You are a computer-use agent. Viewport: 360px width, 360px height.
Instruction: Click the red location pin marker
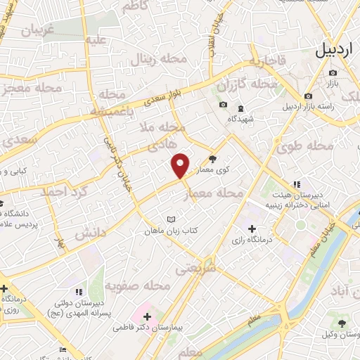click(181, 165)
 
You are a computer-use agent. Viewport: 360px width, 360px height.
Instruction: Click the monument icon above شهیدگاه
click(241, 108)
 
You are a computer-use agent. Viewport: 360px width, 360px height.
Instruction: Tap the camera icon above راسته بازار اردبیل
click(308, 96)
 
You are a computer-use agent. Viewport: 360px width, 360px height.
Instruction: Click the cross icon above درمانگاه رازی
click(252, 229)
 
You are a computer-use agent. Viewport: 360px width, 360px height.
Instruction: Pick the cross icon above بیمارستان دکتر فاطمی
click(146, 317)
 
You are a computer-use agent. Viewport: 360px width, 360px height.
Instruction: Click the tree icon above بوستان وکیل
click(342, 323)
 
